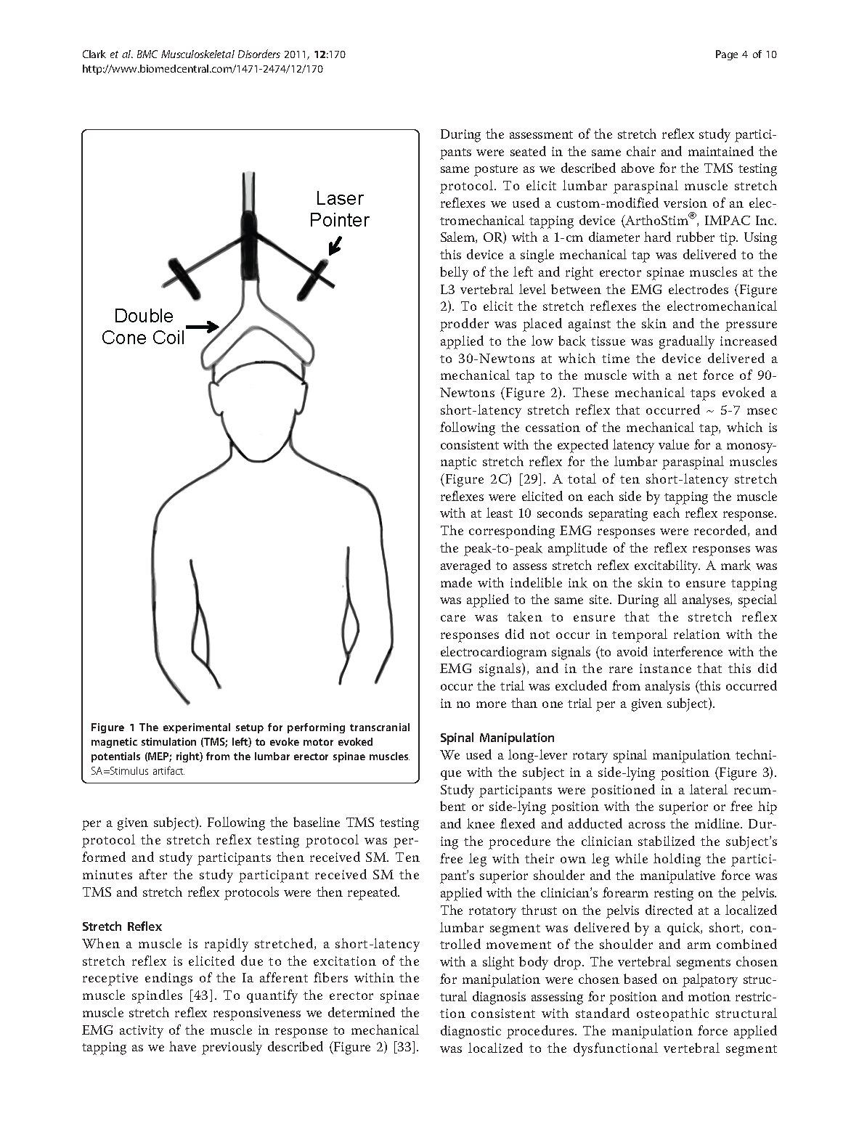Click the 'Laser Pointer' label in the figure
point(339,209)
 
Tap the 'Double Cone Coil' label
point(144,327)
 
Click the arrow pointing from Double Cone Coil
point(208,327)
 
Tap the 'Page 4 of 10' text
point(746,54)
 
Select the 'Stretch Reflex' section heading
point(122,926)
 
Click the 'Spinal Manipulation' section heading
point(497,738)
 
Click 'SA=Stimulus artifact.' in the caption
point(138,771)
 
